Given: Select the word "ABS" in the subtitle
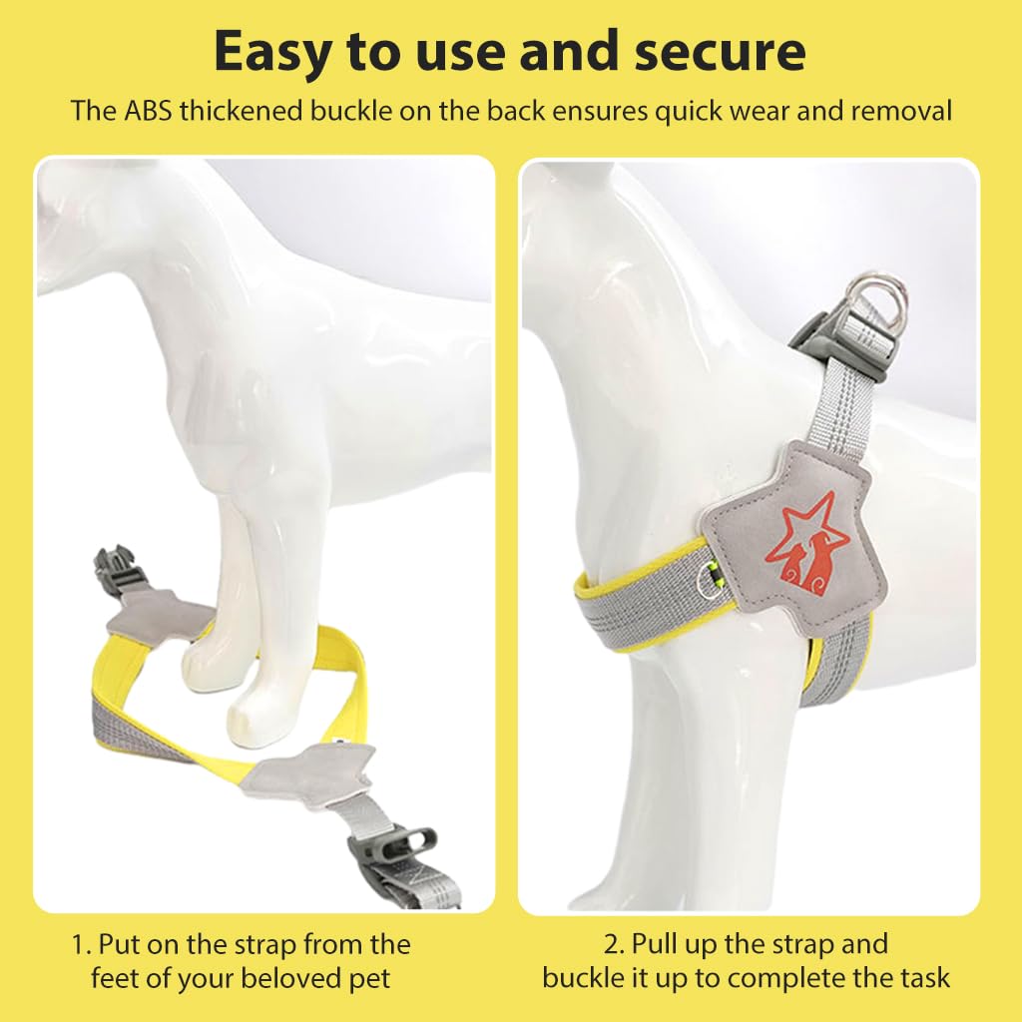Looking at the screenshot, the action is (x=148, y=111).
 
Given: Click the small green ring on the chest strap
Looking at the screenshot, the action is (x=707, y=580).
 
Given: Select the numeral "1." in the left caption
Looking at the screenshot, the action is (x=81, y=944).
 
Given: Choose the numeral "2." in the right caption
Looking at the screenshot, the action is (x=614, y=944).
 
